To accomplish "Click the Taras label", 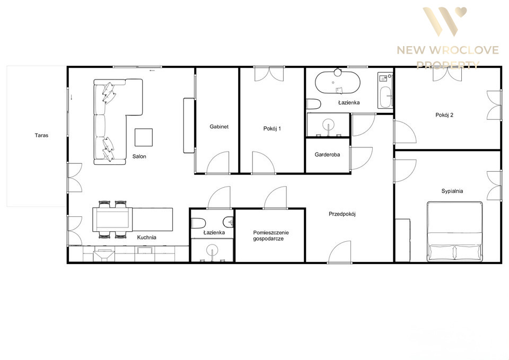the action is (x=41, y=135).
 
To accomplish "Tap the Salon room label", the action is (x=139, y=156).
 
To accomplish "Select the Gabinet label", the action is (x=219, y=127).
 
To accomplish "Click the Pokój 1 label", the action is (x=272, y=128).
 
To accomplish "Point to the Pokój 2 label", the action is (x=444, y=115).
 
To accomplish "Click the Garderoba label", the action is (x=327, y=154).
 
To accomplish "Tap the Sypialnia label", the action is (x=452, y=191).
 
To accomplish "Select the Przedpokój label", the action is (x=342, y=214).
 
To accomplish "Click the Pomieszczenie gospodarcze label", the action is (x=271, y=236).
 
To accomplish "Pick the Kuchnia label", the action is (x=147, y=238).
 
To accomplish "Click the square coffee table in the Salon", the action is (x=144, y=137).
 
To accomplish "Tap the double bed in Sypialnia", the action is (x=454, y=232).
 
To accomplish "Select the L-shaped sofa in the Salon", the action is (x=118, y=121).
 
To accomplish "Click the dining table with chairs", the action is (x=112, y=220).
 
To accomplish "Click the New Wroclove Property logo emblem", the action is (x=444, y=22).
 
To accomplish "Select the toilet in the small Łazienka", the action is (x=198, y=223).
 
